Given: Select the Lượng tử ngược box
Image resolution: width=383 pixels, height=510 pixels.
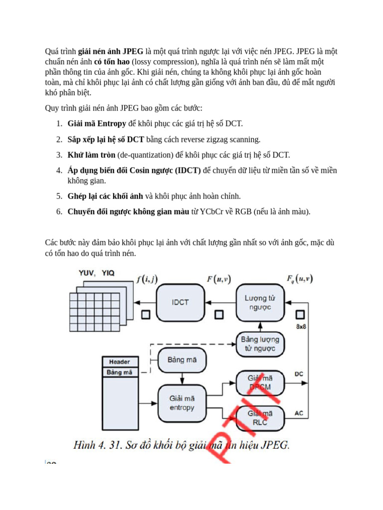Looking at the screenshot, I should click(x=259, y=302).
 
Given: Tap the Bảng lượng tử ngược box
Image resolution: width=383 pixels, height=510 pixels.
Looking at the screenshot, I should click(x=260, y=344).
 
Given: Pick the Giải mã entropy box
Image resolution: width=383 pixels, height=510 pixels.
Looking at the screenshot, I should click(x=182, y=403).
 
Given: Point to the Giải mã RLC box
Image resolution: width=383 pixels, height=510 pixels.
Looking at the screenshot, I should click(x=260, y=418).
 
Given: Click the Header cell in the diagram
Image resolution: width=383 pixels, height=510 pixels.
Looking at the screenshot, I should click(x=120, y=362).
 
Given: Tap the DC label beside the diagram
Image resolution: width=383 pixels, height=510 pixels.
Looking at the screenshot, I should click(x=299, y=374).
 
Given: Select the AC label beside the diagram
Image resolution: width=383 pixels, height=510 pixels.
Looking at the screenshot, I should click(x=299, y=413).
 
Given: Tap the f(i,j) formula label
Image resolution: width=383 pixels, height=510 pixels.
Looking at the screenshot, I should click(x=147, y=279).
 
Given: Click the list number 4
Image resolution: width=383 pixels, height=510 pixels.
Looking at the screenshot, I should click(x=58, y=170).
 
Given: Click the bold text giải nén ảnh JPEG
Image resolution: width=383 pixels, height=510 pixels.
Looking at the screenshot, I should click(x=111, y=51).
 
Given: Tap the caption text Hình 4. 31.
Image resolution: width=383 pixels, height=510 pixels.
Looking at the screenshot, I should click(x=97, y=445).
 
